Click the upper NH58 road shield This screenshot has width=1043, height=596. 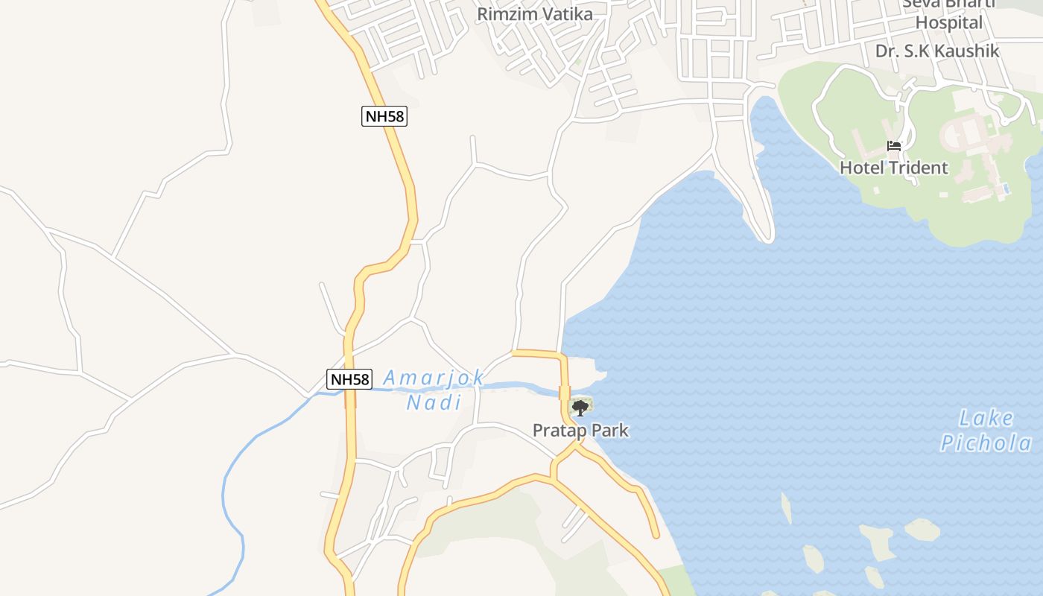384,116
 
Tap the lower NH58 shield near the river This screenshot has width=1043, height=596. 349,379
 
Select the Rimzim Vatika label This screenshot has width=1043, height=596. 535,14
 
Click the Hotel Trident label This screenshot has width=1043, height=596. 894,168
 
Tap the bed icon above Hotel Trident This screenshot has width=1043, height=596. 894,146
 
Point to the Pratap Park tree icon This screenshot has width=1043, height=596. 580,408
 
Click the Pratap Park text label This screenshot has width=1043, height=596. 580,431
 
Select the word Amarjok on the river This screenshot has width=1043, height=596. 434,378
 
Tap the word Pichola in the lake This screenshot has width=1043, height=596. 986,443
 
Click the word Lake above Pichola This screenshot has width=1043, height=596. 986,417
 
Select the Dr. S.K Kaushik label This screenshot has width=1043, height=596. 936,51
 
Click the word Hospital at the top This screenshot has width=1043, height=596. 949,22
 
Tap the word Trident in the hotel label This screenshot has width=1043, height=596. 919,168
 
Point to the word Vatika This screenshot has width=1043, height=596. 567,14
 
